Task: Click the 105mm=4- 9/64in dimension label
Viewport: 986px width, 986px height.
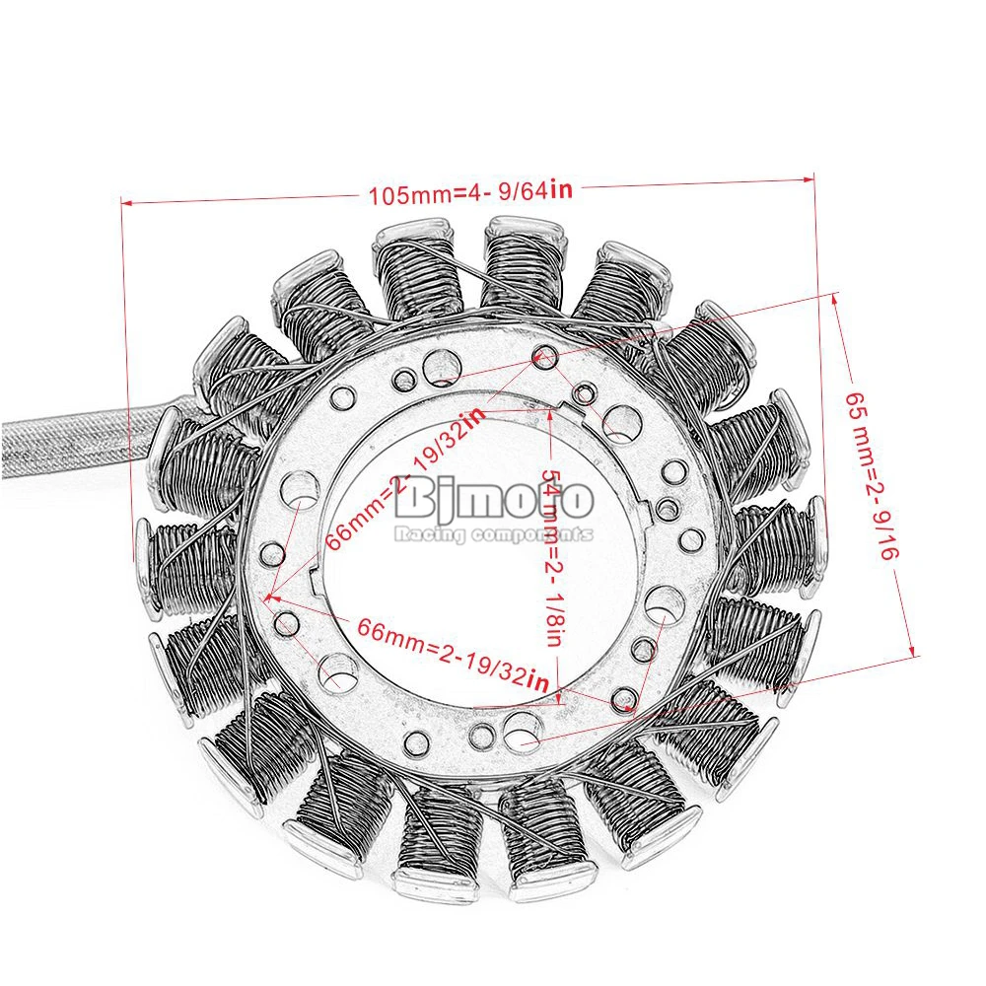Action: pos(470,192)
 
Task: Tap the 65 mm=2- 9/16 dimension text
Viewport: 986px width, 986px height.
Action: pos(872,475)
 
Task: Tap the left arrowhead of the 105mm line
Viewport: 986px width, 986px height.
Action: pos(126,202)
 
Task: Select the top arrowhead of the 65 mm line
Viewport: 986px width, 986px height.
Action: pos(836,300)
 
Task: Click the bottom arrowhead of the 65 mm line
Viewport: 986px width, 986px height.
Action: pos(913,652)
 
